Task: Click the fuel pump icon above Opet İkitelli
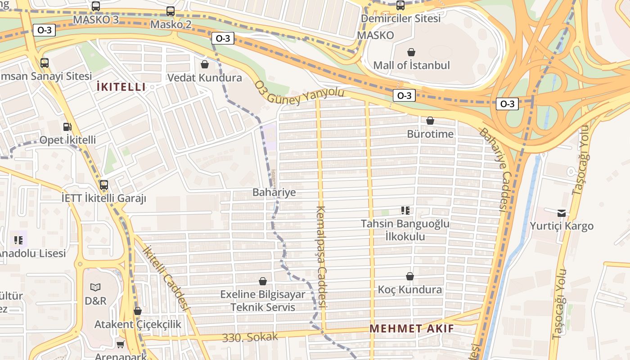coord(67,127)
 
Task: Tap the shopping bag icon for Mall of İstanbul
coord(411,53)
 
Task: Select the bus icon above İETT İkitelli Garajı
coord(104,185)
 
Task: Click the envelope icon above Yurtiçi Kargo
coord(562,213)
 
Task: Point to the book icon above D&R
coord(95,287)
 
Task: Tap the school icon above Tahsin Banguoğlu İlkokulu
coord(405,211)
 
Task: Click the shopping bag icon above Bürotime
coord(430,121)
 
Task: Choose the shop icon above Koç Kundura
coord(409,276)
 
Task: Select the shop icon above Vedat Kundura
coord(205,64)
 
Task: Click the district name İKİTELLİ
coord(121,87)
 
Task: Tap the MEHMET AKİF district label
coord(412,328)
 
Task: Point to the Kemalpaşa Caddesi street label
coord(321,256)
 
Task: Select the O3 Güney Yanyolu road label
coord(299,93)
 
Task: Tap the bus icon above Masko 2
coord(171,11)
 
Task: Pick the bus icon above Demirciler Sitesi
coord(400,5)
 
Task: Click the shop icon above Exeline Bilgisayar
coord(263,281)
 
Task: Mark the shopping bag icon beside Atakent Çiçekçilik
coord(138,311)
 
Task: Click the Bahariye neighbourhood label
coord(274,193)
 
